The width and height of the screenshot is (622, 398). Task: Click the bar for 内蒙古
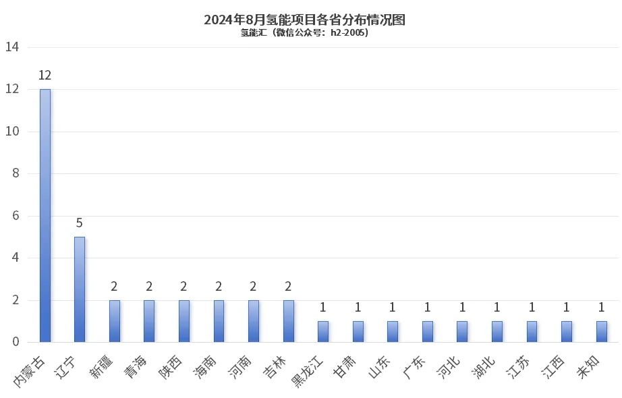click(x=45, y=216)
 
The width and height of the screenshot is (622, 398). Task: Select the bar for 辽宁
click(x=80, y=289)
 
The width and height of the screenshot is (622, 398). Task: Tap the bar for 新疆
click(x=115, y=321)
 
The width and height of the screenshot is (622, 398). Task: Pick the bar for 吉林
click(x=289, y=321)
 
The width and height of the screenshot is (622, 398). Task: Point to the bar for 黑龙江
click(x=323, y=331)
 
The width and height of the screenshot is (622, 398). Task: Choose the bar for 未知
click(x=602, y=331)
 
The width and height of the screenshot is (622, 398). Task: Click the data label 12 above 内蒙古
click(x=45, y=75)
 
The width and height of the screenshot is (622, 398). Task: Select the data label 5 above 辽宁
click(x=80, y=223)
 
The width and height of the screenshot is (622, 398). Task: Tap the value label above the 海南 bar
click(x=219, y=286)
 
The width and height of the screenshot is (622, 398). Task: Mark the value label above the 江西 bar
click(x=567, y=307)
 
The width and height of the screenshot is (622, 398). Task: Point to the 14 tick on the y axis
click(x=12, y=47)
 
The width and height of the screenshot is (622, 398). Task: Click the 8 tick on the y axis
click(x=15, y=173)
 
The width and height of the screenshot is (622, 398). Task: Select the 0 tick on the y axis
click(x=15, y=342)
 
